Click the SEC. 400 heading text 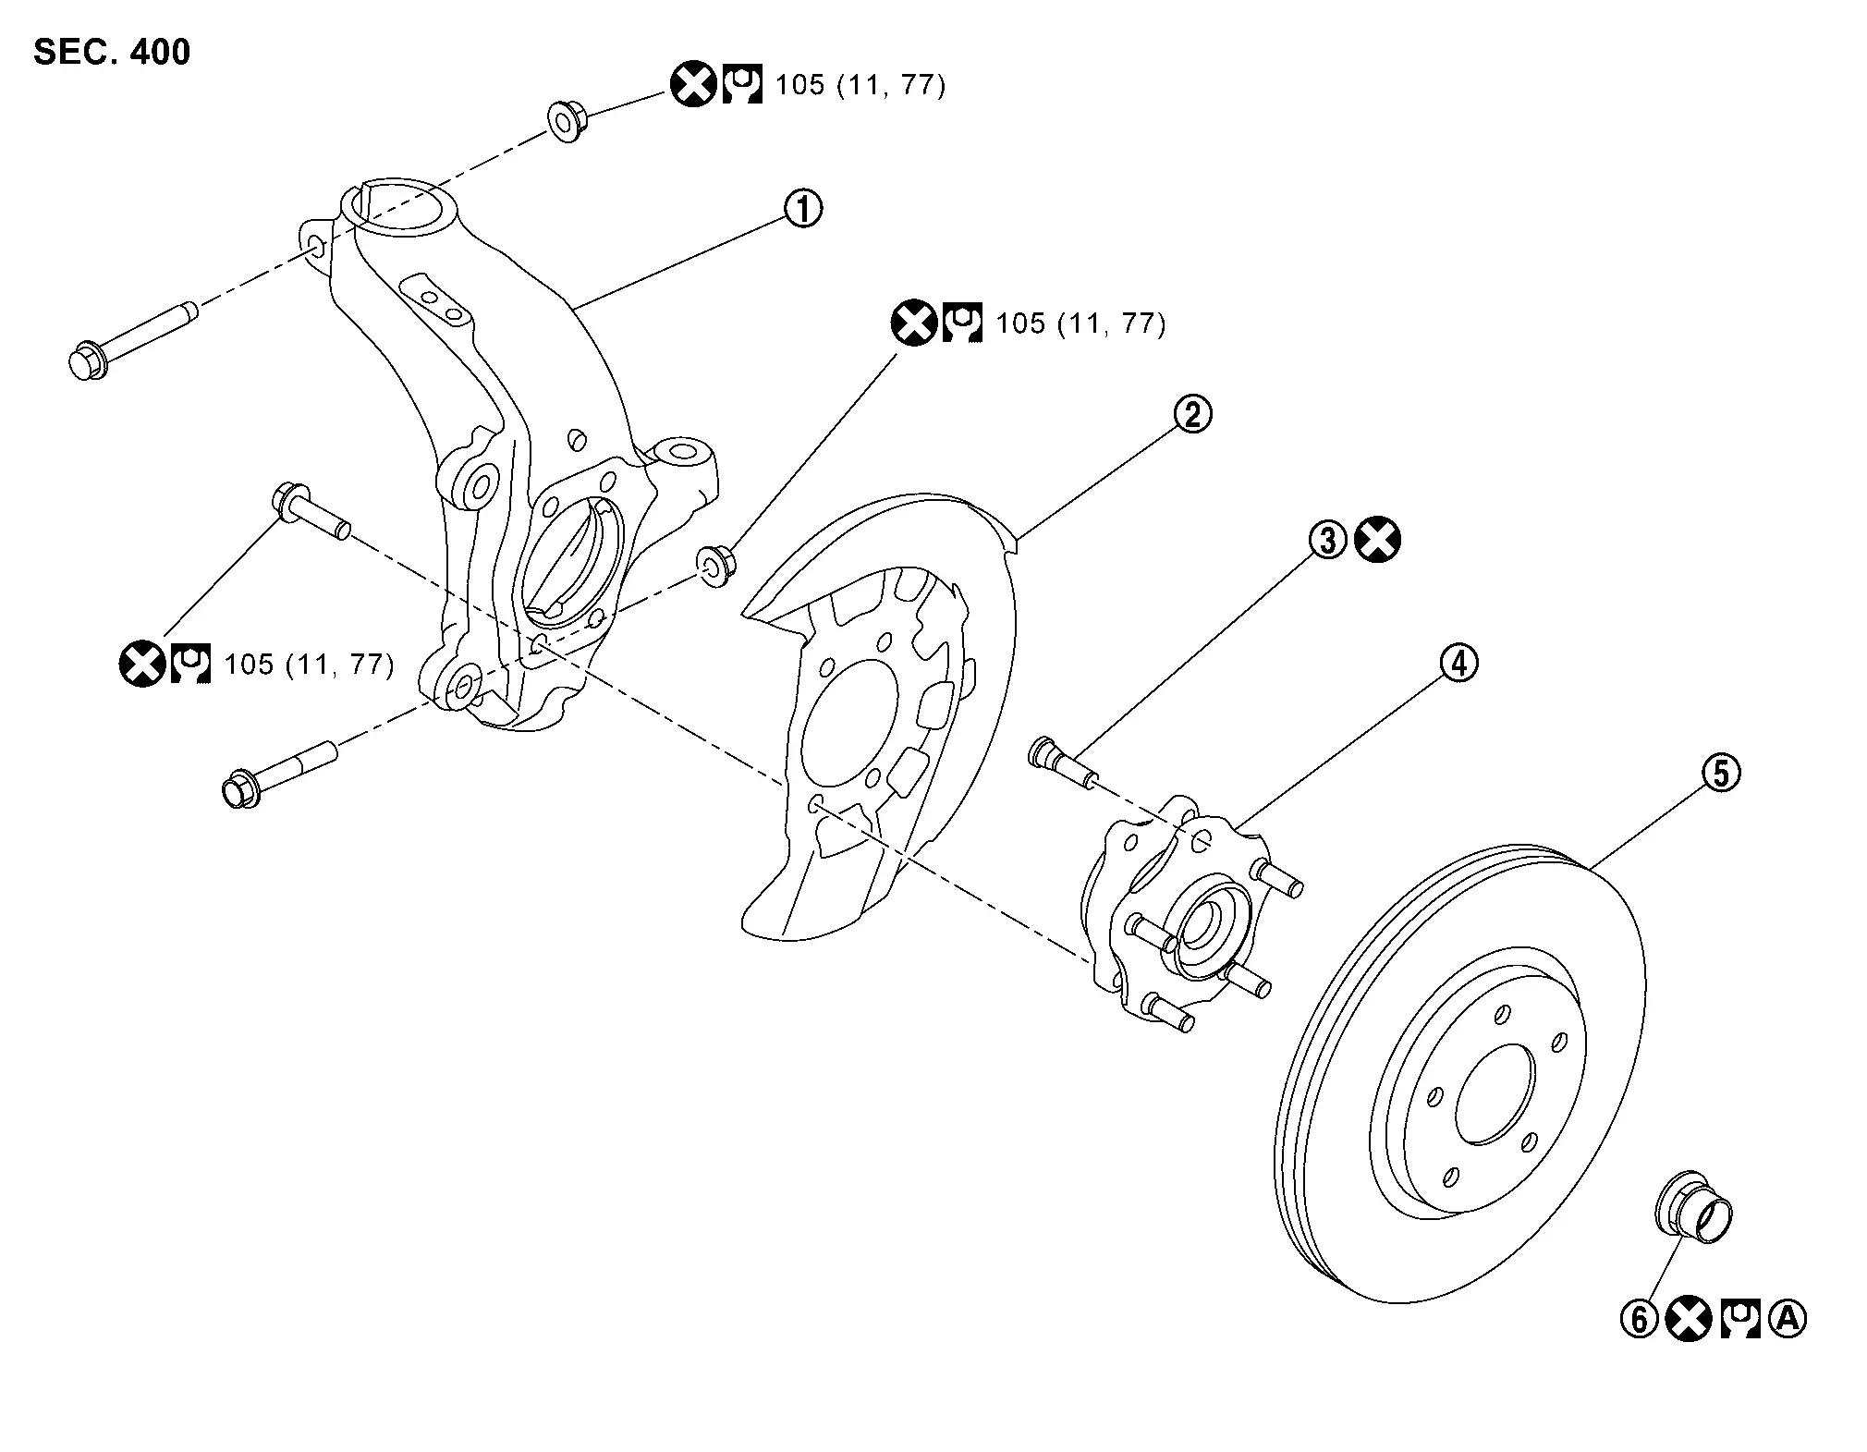(112, 52)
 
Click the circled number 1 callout (802, 209)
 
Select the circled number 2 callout (1192, 414)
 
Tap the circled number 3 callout (1328, 541)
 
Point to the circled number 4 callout (1458, 664)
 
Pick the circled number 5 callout (1721, 773)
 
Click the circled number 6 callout (1639, 1319)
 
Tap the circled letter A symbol (1787, 1319)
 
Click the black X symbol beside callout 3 (1377, 541)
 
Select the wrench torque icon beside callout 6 (1739, 1319)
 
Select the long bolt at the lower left (278, 770)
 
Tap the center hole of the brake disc (1494, 1096)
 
